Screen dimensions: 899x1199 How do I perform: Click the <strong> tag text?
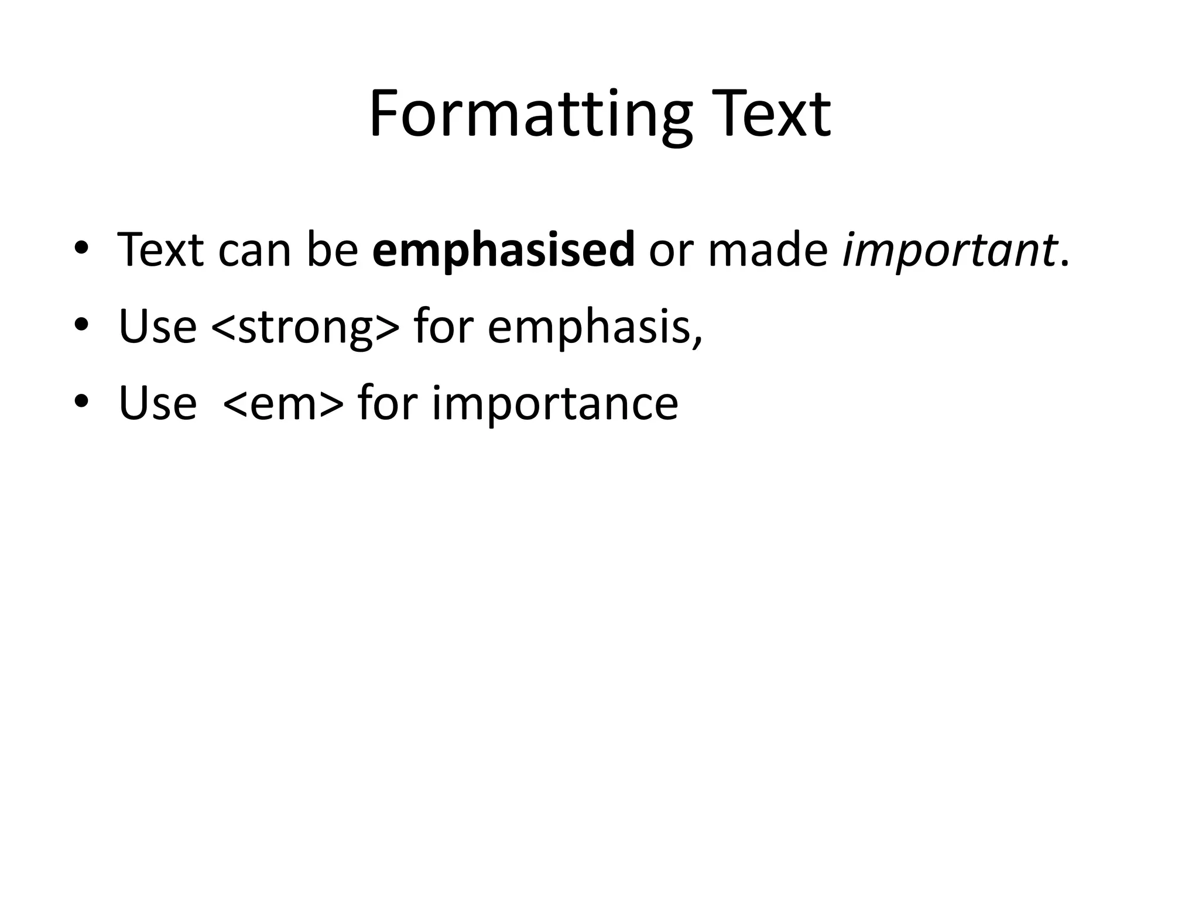point(305,327)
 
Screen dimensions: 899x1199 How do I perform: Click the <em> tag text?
point(283,403)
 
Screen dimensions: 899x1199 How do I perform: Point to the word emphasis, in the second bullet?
point(594,327)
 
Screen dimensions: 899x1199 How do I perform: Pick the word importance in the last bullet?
point(555,403)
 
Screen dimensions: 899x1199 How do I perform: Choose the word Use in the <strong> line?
point(157,327)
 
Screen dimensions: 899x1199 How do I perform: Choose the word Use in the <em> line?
point(157,403)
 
